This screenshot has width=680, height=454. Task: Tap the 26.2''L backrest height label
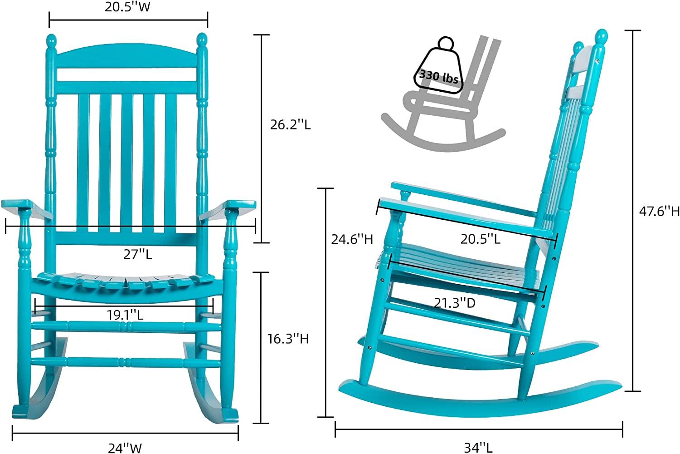tap(290, 125)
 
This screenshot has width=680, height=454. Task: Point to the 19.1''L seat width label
tap(125, 315)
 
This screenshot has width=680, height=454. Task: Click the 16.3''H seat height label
tap(287, 338)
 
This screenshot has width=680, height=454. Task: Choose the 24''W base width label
tap(125, 448)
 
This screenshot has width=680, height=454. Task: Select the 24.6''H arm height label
tap(351, 239)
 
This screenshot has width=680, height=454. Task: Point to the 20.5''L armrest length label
tap(481, 239)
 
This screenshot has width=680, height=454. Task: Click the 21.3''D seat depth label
tap(454, 303)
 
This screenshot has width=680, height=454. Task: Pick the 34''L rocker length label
tap(478, 448)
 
